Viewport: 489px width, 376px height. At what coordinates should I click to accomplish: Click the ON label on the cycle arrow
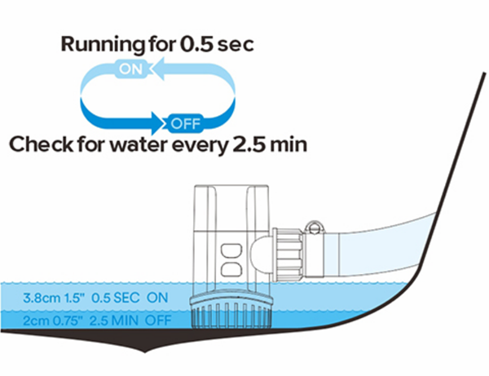click(x=130, y=69)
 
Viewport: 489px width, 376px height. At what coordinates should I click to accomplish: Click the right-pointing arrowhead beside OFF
click(x=157, y=125)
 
